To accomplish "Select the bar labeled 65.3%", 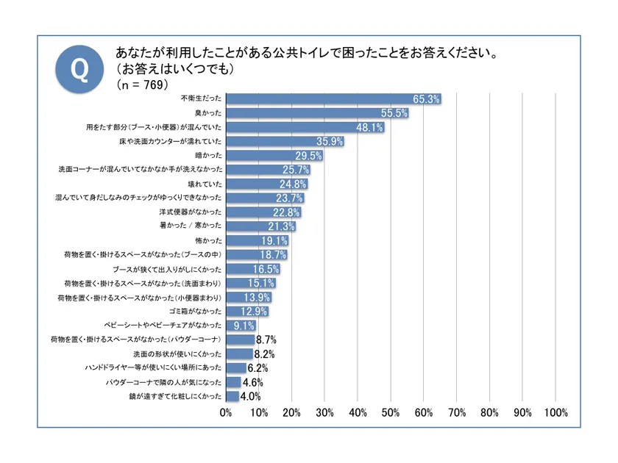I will pos(331,99).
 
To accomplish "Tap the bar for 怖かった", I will pos(256,240).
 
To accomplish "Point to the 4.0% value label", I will pos(252,397).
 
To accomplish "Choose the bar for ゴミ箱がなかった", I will pos(246,312).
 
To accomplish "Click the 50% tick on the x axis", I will pos(391,413).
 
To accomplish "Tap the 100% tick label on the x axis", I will pos(555,413).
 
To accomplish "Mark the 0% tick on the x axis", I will pos(227,413).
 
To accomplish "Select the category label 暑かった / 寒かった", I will pos(191,226).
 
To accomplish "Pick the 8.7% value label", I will pos(265,340).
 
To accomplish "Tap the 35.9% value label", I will pos(330,142).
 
